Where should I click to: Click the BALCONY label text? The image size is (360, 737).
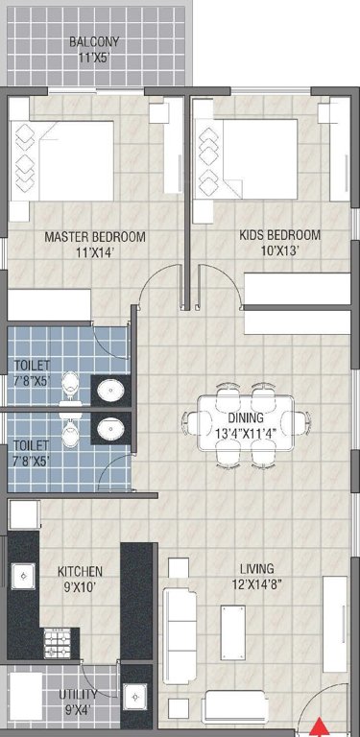point(93,42)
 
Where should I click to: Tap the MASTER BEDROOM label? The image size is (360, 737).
point(94,236)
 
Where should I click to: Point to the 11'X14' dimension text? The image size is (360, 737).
point(94,252)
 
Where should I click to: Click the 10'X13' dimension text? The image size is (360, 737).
point(279,251)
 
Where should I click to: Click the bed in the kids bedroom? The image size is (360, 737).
point(240,156)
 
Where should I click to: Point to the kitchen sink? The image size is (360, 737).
point(21,575)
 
